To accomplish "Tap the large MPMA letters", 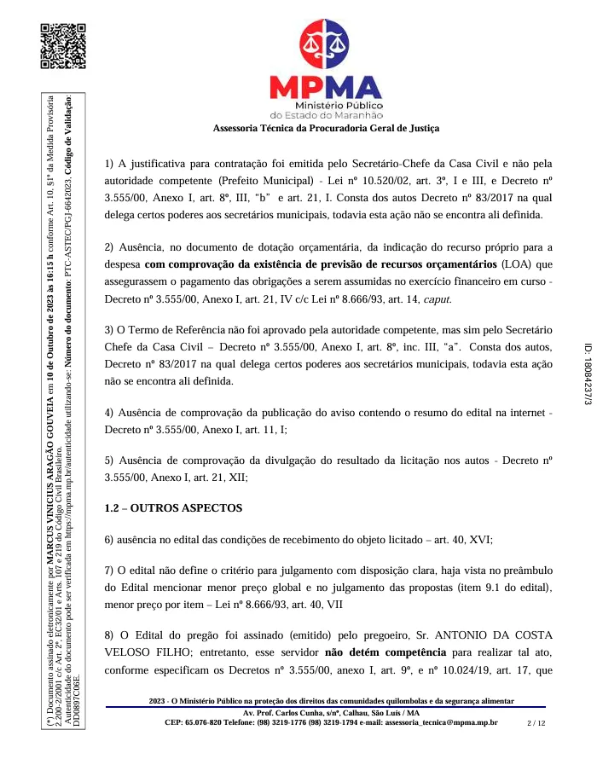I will (x=326, y=87).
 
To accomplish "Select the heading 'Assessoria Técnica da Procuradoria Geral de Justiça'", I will (x=326, y=129).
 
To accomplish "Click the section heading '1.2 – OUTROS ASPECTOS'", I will (x=173, y=508).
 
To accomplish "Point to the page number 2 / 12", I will (x=536, y=722).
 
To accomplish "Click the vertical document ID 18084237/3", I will (x=587, y=379).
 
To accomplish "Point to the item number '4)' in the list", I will (x=110, y=389).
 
